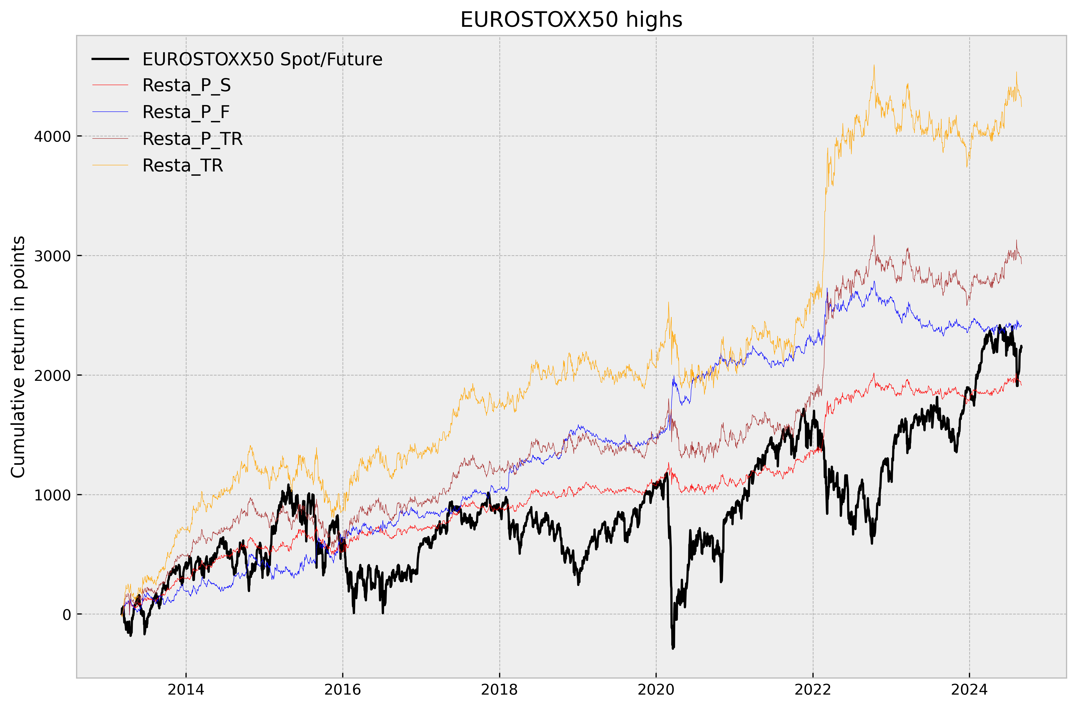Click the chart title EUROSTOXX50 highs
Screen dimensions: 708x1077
571,20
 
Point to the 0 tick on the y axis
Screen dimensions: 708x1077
66,615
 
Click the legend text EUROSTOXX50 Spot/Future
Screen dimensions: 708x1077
262,59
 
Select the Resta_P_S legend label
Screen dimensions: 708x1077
186,86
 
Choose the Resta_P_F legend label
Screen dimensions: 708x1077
186,112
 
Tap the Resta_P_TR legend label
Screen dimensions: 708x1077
192,139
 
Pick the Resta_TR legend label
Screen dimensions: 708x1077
183,166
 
